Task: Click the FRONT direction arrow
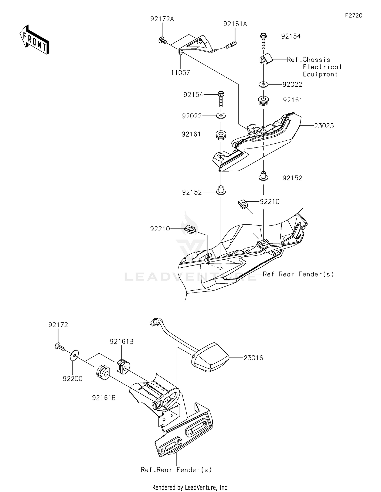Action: click(34, 40)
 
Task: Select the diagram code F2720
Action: click(354, 15)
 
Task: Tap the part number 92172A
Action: click(162, 19)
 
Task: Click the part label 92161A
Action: click(235, 24)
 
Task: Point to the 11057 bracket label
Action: click(180, 73)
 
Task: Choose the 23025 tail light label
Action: click(324, 126)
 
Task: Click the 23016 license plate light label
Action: click(253, 358)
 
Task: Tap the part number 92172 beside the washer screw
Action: click(58, 325)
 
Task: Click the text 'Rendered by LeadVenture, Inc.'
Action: click(190, 487)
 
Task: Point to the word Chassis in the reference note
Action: click(316, 60)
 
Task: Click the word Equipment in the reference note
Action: click(320, 74)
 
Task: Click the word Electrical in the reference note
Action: click(322, 67)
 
